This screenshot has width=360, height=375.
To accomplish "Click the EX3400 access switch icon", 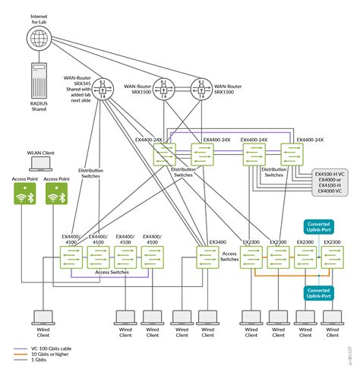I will tap(207, 257).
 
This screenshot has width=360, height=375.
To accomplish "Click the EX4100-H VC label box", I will tap(331, 182).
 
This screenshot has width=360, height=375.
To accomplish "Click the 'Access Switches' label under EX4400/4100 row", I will tap(112, 271).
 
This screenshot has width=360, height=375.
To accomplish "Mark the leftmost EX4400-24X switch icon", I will tap(165, 156).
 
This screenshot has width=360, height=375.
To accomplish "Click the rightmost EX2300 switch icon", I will tap(332, 257).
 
